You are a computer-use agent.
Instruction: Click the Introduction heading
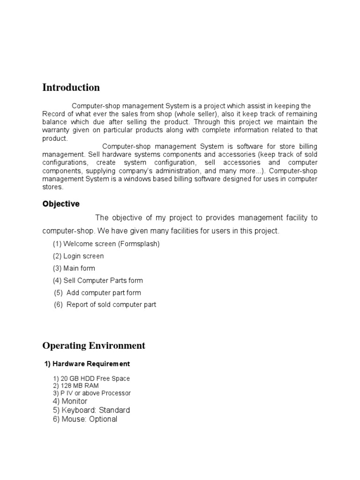coord(71,88)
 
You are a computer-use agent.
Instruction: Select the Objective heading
coord(61,204)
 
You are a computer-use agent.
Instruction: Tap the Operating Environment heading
coord(94,346)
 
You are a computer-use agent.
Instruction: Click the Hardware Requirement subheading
coord(87,364)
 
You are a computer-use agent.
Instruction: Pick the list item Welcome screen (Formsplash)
coord(106,244)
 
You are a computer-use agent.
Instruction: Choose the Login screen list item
coord(78,256)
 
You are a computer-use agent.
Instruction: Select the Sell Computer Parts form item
coord(97,280)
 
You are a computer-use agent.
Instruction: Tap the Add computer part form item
coord(97,292)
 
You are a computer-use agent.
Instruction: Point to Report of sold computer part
coord(105,305)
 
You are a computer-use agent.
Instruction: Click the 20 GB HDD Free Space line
coord(91,378)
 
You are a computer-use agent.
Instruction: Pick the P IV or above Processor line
coord(92,393)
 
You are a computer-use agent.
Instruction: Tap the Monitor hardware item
coord(70,401)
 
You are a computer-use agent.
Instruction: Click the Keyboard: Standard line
coord(91,410)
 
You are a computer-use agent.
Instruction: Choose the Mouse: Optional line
coord(85,419)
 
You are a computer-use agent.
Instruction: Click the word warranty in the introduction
coord(56,130)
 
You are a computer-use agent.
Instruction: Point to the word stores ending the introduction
coord(52,187)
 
